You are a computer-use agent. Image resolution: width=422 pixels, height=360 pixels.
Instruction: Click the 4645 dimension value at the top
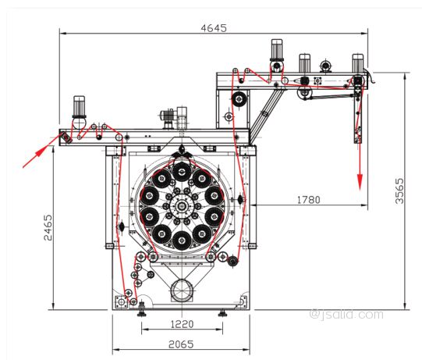pos(214,28)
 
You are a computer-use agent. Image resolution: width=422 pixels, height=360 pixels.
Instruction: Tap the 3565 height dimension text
pos(399,191)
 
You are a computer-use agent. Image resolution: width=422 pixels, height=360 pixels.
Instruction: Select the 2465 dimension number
pos(48,227)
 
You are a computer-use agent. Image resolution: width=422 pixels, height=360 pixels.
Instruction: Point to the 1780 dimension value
pos(309,200)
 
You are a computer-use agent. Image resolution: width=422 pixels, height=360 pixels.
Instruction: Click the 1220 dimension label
pos(182,324)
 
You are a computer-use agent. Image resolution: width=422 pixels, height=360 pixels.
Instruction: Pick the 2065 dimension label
pos(181,344)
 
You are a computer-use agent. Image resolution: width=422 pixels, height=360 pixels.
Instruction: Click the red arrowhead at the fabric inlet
pos(41,151)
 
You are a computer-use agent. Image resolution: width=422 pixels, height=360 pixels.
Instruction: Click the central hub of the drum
pos(182,206)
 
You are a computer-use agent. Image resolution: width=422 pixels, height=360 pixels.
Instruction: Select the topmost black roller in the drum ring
pos(182,172)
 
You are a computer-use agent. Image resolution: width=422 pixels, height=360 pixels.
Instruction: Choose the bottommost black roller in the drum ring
pos(182,241)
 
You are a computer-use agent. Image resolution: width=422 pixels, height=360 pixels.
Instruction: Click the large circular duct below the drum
pos(182,290)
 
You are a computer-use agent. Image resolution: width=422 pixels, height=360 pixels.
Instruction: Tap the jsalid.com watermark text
pos(346,315)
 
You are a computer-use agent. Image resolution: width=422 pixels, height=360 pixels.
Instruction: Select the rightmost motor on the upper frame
pos(358,63)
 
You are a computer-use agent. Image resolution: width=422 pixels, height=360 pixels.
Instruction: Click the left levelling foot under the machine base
pos(141,310)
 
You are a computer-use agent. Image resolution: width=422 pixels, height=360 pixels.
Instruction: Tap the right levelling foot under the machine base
pos(222,312)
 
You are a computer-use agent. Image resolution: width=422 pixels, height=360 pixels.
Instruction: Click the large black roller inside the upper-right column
pos(239,99)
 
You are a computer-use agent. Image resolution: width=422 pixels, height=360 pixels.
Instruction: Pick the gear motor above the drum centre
pos(175,118)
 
